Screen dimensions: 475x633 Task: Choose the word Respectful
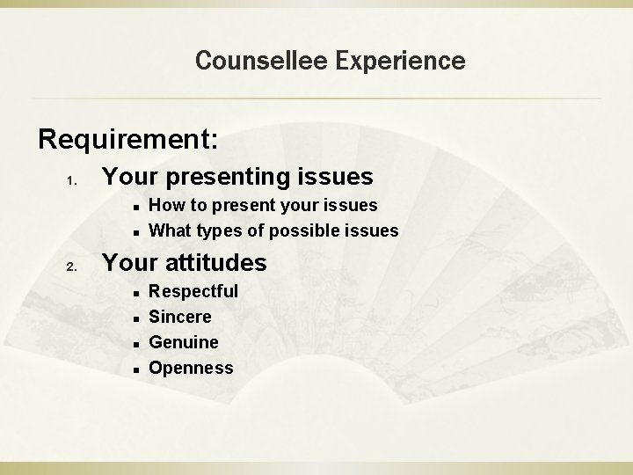tap(193, 290)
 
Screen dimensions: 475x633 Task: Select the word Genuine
tap(184, 341)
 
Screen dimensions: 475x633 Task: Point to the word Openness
tap(191, 368)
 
